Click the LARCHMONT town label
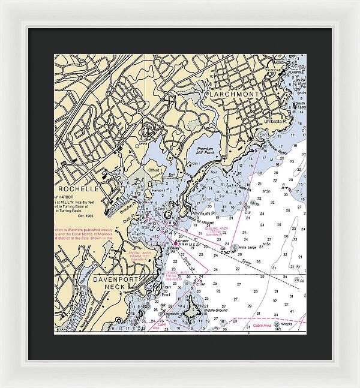[x=235, y=95]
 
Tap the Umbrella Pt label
[x=278, y=121]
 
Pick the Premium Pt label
[x=202, y=213]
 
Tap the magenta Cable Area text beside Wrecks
[x=262, y=326]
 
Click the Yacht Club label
[x=292, y=69]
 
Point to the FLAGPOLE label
[x=296, y=74]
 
